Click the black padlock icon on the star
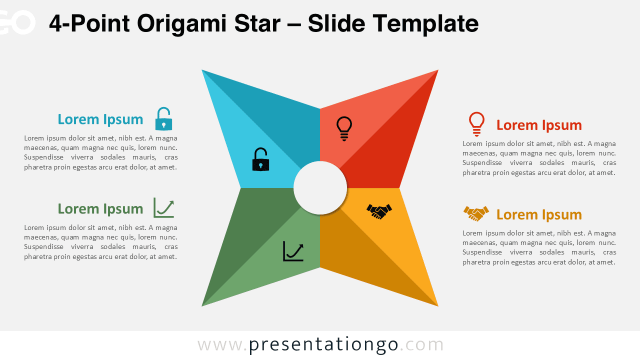(x=260, y=159)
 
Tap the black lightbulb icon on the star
(x=344, y=128)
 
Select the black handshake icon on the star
(x=379, y=211)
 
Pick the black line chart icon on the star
(x=293, y=251)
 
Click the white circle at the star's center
(x=320, y=188)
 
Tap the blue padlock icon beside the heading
(x=163, y=119)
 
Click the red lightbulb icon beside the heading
(x=476, y=124)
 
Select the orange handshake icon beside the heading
(x=476, y=213)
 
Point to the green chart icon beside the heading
(x=163, y=208)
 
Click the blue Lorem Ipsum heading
(x=100, y=119)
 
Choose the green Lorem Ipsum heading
(x=100, y=209)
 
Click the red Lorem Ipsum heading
(x=539, y=125)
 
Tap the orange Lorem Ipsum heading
(x=539, y=214)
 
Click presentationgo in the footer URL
(x=323, y=344)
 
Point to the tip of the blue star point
(x=202, y=70)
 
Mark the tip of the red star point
(x=437, y=70)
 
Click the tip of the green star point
(x=202, y=305)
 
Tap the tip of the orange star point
(x=437, y=305)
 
